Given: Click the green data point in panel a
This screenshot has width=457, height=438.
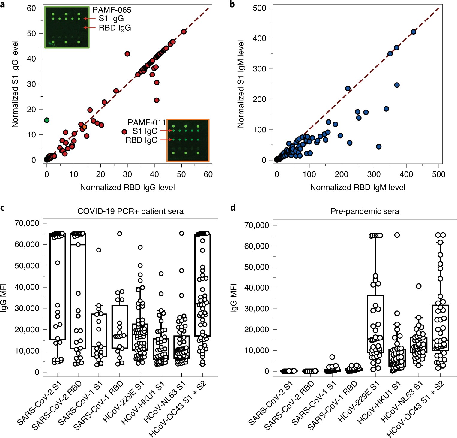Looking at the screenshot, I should pos(46,120).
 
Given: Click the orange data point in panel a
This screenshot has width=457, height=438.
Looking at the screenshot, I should pos(85,127).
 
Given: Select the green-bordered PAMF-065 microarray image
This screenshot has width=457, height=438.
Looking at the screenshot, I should pos(67,27).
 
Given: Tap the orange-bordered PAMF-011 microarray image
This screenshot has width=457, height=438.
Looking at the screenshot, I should pos(188,140).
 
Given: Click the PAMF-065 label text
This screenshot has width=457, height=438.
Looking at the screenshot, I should pos(112,10).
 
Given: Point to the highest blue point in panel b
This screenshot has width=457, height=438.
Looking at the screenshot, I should pos(413,32).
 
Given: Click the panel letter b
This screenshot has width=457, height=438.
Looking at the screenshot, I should pos(232,4).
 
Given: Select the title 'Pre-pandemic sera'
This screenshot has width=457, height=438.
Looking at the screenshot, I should pos(365,211).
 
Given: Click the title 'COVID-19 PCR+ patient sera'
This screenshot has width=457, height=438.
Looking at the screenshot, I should pos(130,211).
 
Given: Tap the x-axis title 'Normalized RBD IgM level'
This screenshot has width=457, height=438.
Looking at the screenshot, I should pos(357,187).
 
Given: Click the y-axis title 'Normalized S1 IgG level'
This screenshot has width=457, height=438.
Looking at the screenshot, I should pos(15,84).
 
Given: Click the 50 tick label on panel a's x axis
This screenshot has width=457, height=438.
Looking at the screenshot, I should pos(181,174).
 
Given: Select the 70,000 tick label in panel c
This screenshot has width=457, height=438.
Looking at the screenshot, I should pos(27,223).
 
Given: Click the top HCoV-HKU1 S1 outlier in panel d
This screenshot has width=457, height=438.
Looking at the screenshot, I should pos(397,235).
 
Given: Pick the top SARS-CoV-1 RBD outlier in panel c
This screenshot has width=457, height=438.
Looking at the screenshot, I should pos(119,234).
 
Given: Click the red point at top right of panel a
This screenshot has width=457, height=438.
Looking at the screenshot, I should pos(184,32).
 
